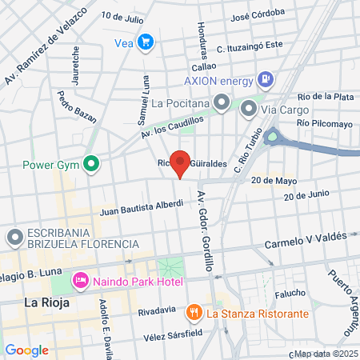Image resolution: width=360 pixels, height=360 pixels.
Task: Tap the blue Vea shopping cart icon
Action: click(x=145, y=42)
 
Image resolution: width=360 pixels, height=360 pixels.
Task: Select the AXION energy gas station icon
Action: click(x=266, y=80)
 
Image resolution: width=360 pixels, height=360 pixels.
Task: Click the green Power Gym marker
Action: click(x=91, y=166)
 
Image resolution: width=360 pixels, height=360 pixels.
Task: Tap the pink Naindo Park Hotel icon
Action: click(x=80, y=282)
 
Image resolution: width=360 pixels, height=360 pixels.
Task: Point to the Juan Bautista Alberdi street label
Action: click(x=142, y=208)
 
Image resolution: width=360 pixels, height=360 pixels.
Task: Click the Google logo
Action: click(x=26, y=350)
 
